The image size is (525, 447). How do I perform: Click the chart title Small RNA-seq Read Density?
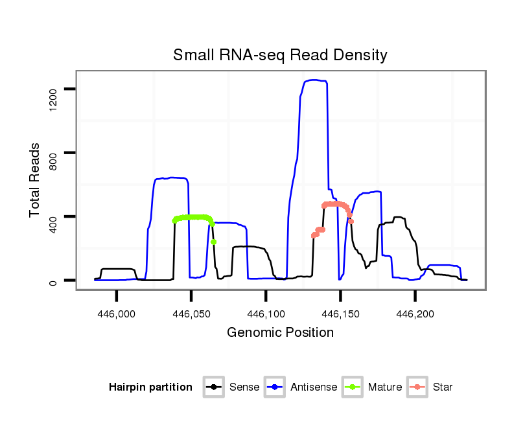[280, 55]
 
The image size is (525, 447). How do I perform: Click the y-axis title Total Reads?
[36, 180]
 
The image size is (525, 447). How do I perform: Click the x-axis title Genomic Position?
[280, 333]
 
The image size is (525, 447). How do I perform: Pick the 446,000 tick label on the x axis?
[117, 314]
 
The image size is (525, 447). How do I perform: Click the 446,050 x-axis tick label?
[191, 314]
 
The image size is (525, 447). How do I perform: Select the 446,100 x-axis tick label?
[266, 314]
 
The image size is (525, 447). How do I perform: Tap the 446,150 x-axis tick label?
[341, 314]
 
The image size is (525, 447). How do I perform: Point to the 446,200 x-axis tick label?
[415, 314]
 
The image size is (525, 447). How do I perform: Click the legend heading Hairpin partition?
[150, 387]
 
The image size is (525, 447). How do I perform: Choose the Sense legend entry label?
[244, 387]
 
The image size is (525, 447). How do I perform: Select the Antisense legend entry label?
[314, 387]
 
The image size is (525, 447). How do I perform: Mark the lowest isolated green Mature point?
[213, 242]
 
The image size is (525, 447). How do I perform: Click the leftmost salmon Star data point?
[313, 236]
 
